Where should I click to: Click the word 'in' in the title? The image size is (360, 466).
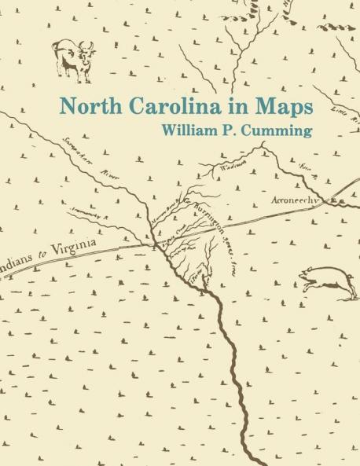tap(226, 105)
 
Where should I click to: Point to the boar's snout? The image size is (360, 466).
tap(303, 276)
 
